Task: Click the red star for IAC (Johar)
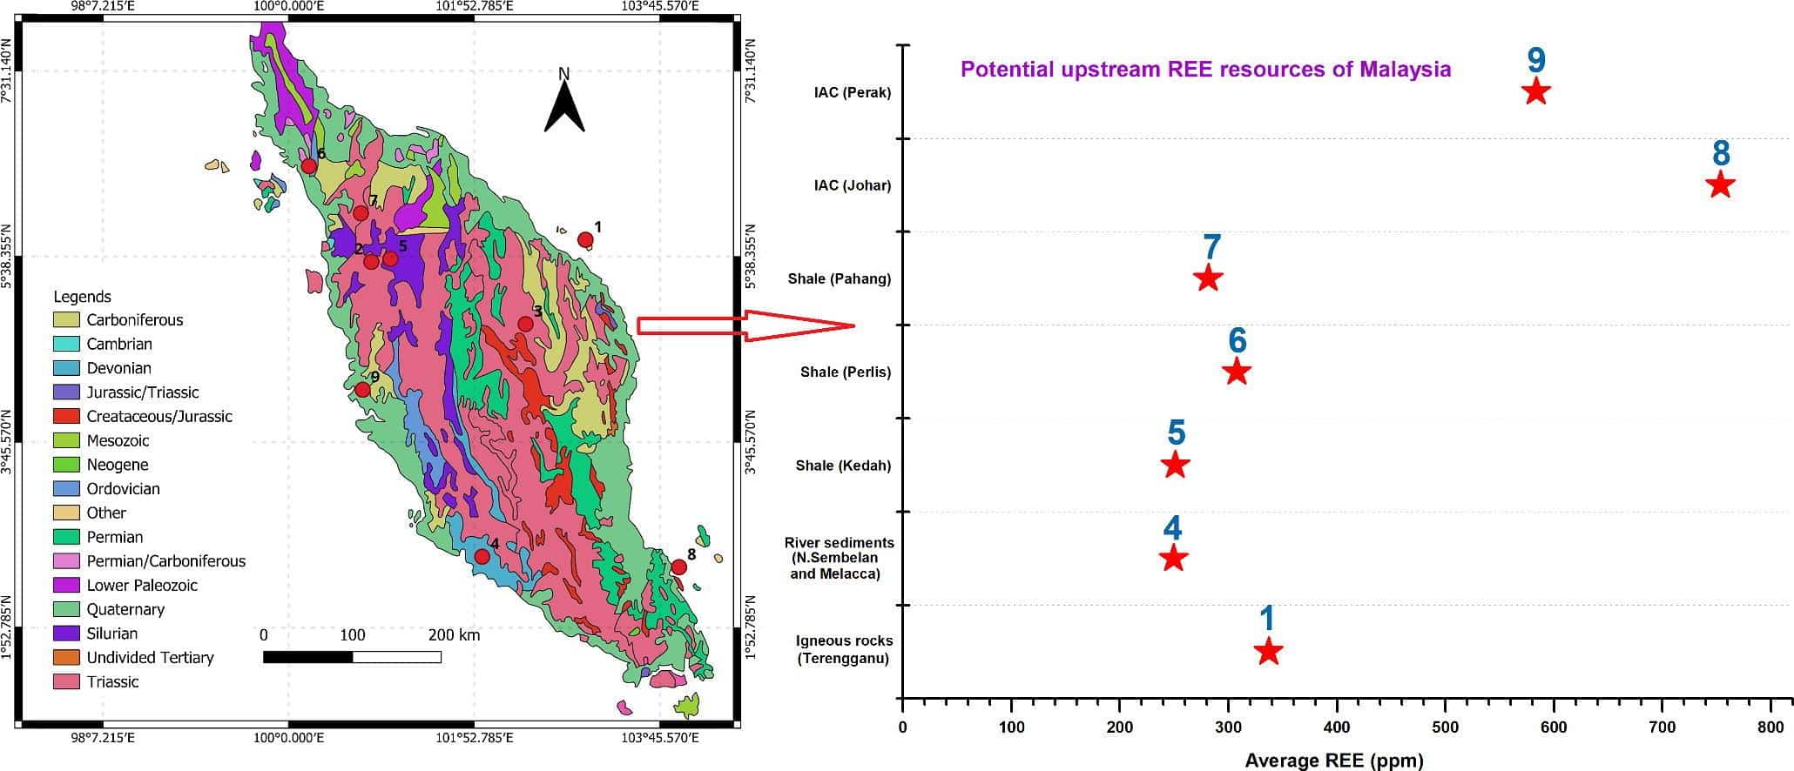[x=1719, y=185]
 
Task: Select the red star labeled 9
[x=1535, y=91]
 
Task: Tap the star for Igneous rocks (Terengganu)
[x=1268, y=651]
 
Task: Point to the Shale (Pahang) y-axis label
[x=839, y=279]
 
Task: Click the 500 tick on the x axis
[x=1445, y=727]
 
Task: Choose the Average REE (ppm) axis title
[x=1333, y=761]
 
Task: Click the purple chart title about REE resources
[x=1205, y=70]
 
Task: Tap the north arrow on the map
[x=563, y=103]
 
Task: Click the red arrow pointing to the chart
[x=745, y=325]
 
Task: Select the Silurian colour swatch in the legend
[x=66, y=634]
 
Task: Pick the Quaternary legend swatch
[x=66, y=609]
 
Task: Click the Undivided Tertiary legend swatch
[x=66, y=658]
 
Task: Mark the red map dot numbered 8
[x=678, y=567]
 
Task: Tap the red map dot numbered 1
[x=585, y=240]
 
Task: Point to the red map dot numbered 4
[x=482, y=557]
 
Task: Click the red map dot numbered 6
[x=308, y=166]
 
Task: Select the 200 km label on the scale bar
[x=454, y=635]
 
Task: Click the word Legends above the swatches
[x=82, y=297]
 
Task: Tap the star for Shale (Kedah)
[x=1175, y=466]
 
